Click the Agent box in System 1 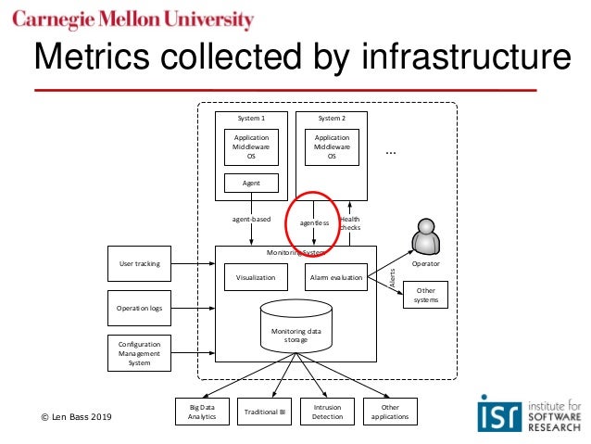point(251,183)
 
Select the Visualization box point(256,277)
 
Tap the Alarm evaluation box point(335,277)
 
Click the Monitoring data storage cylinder point(296,327)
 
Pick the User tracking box point(139,263)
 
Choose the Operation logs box point(139,308)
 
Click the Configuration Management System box point(139,353)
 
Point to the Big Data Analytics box point(202,412)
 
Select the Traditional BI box point(265,412)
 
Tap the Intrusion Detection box point(327,412)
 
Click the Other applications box point(388,412)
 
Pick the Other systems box point(426,296)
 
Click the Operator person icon point(427,236)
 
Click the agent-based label point(251,220)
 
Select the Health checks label point(350,223)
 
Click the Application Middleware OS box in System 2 point(332,147)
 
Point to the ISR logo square point(497,412)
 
